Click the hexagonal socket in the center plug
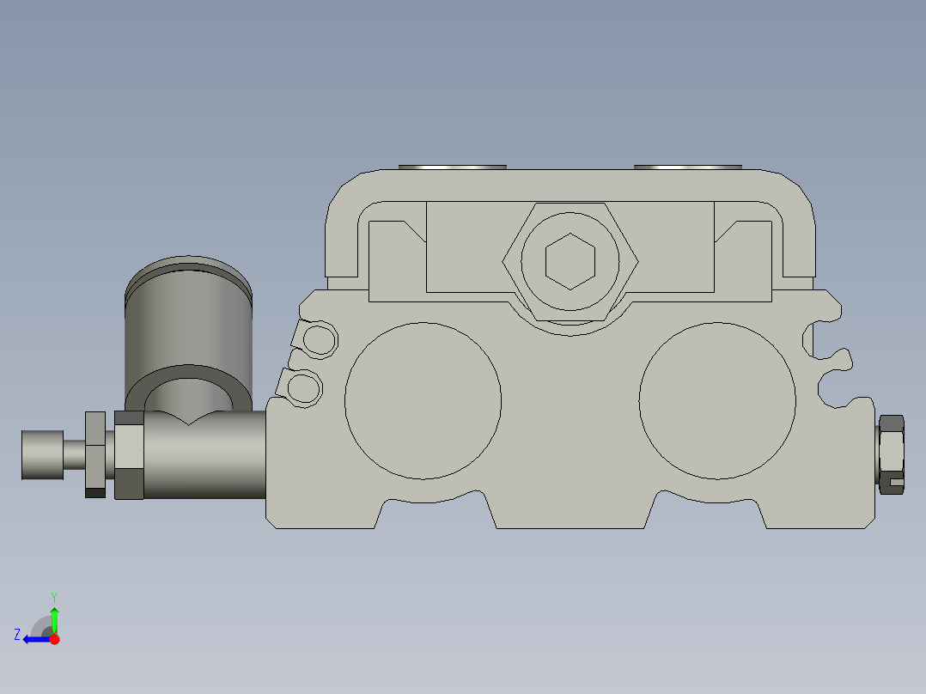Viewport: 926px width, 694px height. click(x=570, y=261)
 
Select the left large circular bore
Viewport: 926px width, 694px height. click(x=423, y=400)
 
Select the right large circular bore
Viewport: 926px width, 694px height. click(x=717, y=400)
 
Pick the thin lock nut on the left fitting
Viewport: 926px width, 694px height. click(x=95, y=454)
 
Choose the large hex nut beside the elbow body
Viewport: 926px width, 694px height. click(x=129, y=454)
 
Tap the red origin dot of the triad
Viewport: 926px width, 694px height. click(x=54, y=639)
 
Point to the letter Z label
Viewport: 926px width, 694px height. click(x=17, y=635)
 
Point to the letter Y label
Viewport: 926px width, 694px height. click(x=54, y=596)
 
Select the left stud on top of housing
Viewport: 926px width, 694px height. click(x=453, y=167)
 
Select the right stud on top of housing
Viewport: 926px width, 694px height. click(x=687, y=167)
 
